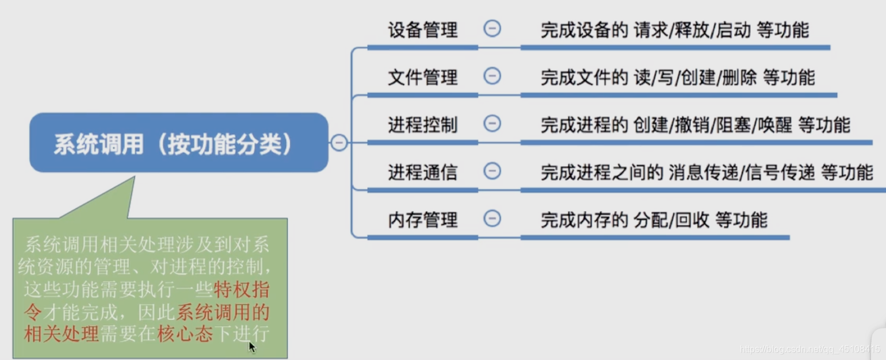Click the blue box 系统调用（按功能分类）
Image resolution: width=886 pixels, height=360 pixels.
click(178, 143)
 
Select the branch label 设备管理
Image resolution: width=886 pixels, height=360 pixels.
click(423, 30)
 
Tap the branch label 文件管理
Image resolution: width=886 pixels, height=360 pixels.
click(423, 77)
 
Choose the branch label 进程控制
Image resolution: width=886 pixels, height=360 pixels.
click(423, 124)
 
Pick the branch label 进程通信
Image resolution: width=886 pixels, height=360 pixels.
click(423, 172)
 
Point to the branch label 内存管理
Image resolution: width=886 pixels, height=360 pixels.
click(423, 220)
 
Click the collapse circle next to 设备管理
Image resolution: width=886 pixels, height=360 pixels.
click(492, 29)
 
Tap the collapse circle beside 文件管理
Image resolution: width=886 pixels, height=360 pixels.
click(492, 76)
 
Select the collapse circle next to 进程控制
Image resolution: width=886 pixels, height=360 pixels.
click(492, 123)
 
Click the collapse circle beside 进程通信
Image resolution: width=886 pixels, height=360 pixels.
click(492, 171)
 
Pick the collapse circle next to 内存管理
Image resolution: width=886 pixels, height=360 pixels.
click(492, 219)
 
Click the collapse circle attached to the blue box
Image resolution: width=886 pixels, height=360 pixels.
click(339, 143)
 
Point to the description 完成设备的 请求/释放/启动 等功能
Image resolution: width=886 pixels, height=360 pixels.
click(674, 30)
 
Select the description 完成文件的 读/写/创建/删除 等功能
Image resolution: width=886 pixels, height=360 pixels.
click(677, 77)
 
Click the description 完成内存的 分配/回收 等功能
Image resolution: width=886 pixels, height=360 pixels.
click(654, 220)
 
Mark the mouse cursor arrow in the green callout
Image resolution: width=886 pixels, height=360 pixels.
click(252, 347)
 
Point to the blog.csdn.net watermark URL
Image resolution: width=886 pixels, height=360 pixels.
click(809, 349)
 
